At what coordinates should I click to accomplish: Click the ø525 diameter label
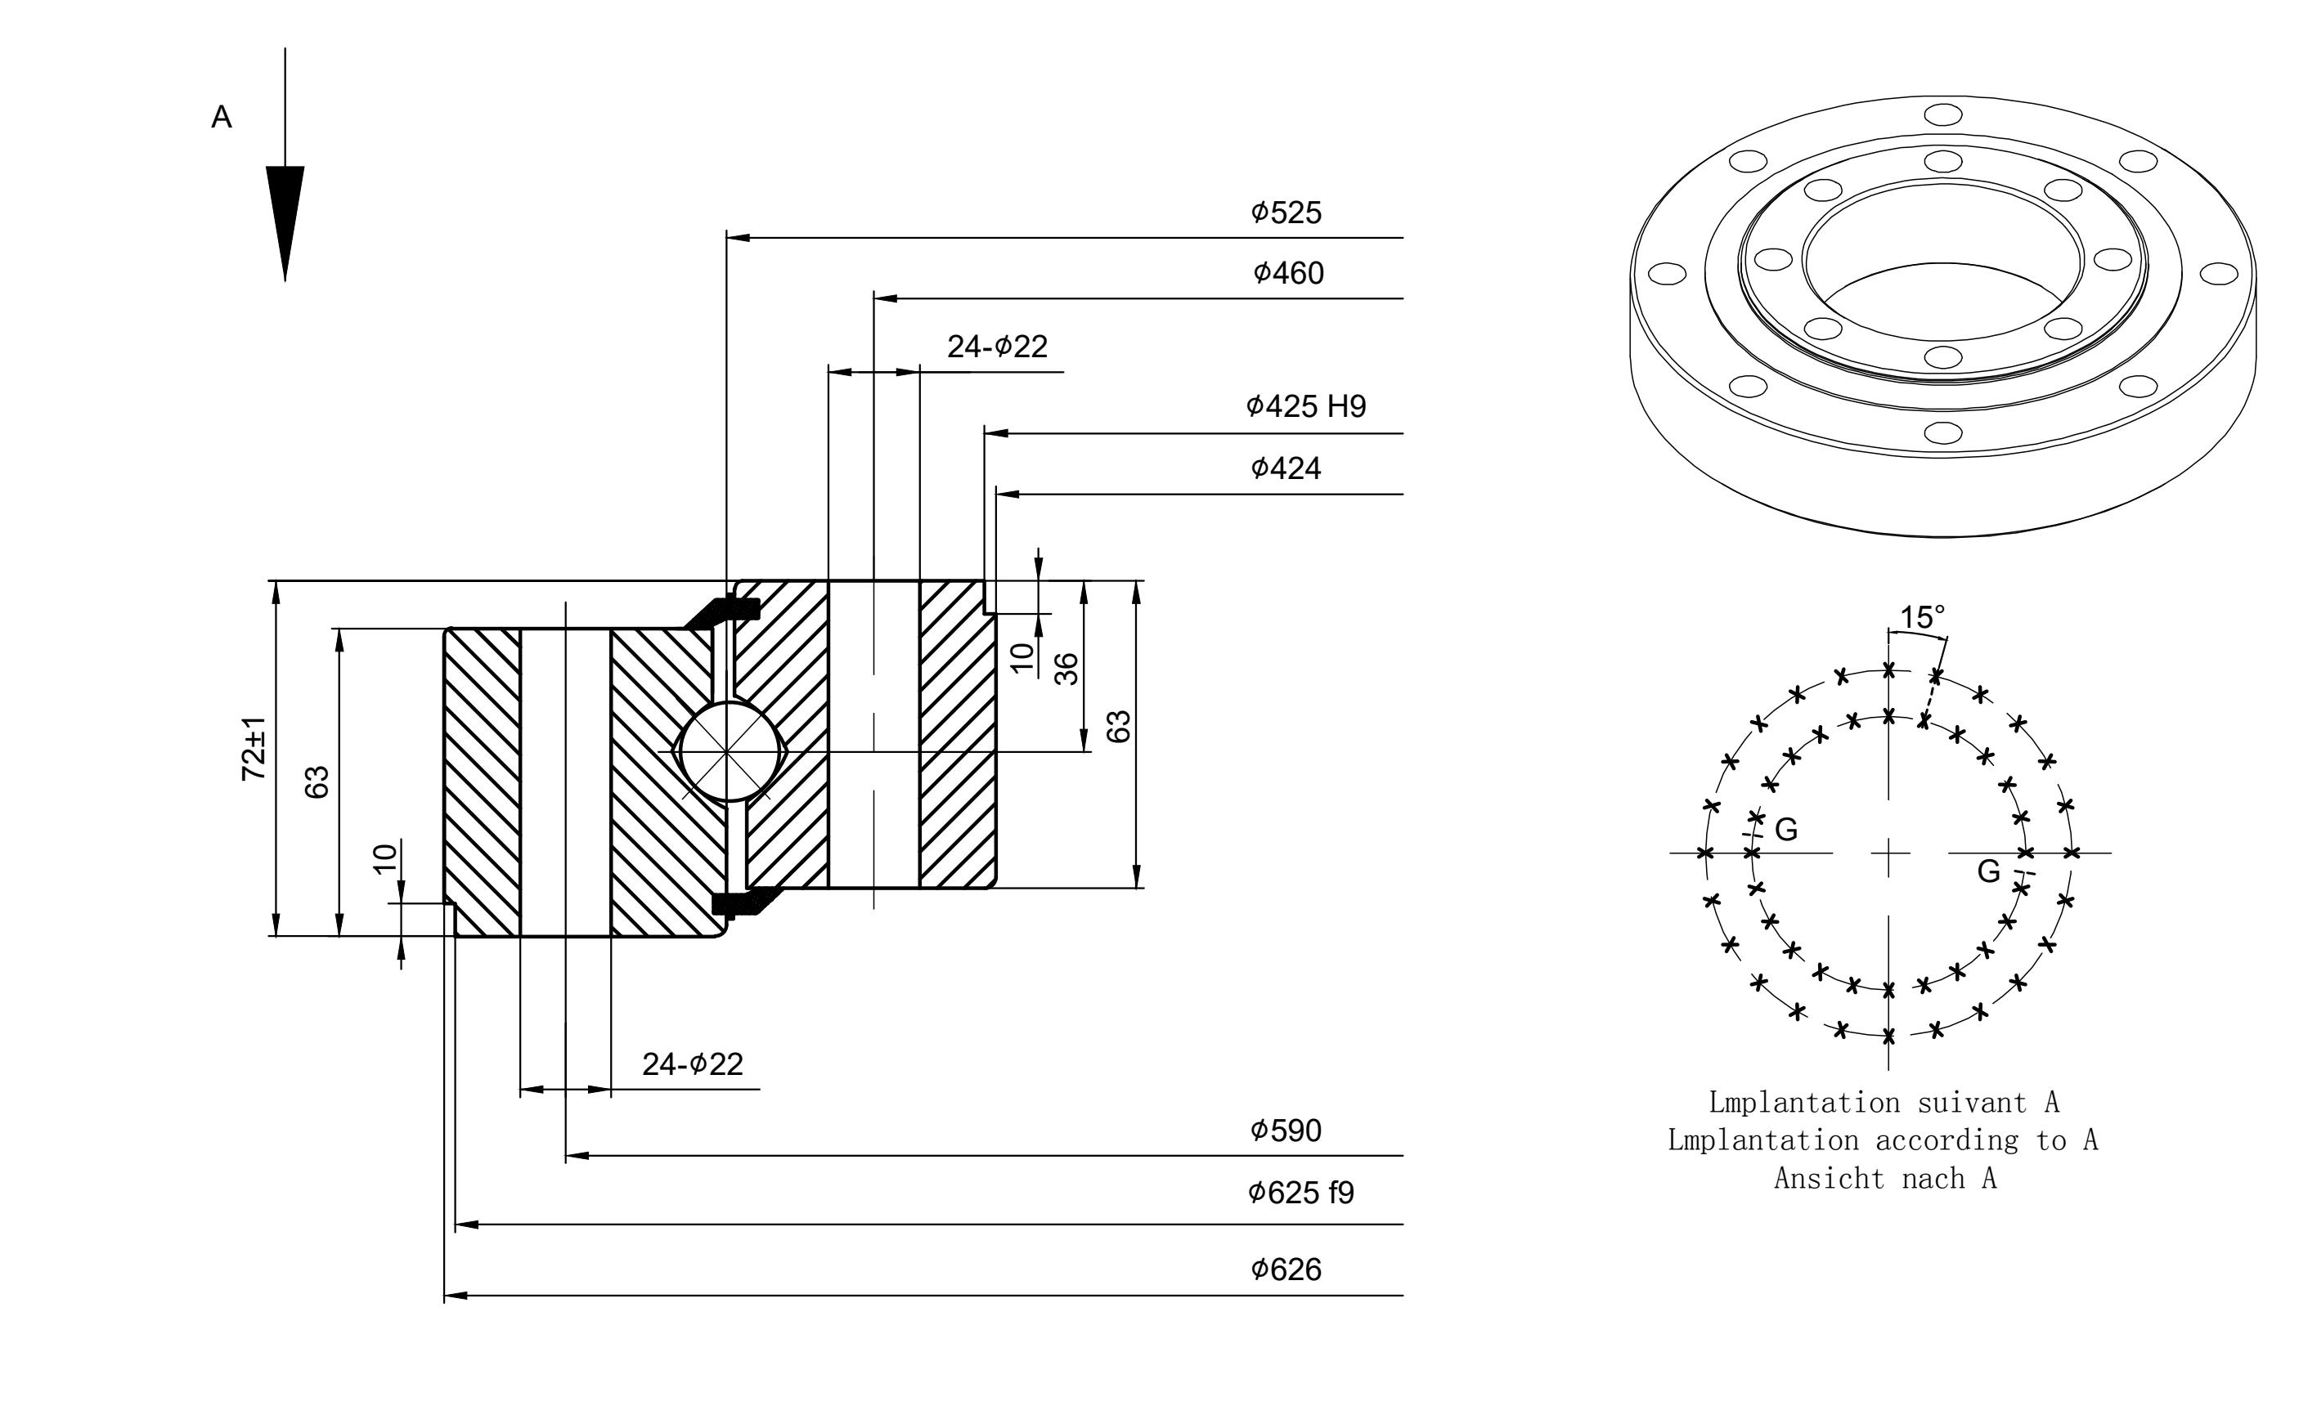(x=1286, y=213)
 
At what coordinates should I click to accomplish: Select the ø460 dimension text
(x=1288, y=273)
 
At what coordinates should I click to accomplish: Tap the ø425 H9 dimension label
(x=1306, y=406)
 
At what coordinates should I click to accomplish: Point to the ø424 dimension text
(x=1286, y=468)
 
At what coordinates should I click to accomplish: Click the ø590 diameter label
(x=1286, y=1131)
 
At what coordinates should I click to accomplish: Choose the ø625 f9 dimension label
(x=1301, y=1193)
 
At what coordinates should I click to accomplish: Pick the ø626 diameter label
(x=1286, y=1270)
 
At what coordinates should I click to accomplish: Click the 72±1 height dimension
(x=254, y=749)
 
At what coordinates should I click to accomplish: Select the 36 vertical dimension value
(x=1066, y=669)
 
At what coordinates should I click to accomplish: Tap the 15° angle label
(x=1923, y=618)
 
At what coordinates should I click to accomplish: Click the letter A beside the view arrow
(x=222, y=117)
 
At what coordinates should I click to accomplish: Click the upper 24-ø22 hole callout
(x=997, y=347)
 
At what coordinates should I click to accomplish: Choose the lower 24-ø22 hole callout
(x=693, y=1064)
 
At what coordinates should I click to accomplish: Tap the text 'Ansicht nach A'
(x=1885, y=1178)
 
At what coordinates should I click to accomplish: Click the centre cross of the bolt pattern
(x=1889, y=853)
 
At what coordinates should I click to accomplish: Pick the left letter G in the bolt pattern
(x=1786, y=829)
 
